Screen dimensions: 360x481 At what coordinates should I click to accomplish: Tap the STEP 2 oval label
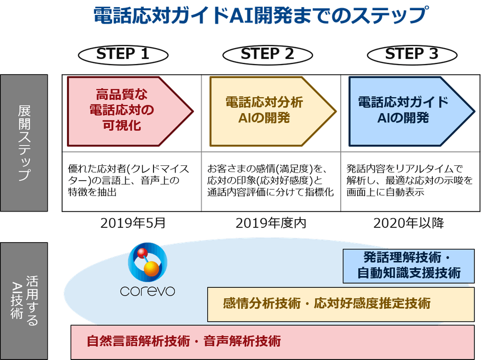tap(267, 54)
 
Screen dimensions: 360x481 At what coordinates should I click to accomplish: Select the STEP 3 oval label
tap(411, 54)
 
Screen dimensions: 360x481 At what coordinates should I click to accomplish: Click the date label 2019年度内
tap(271, 223)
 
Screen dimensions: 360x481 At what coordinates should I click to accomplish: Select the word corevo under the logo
tap(147, 291)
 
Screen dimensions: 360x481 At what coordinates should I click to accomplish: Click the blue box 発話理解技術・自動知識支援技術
tap(408, 265)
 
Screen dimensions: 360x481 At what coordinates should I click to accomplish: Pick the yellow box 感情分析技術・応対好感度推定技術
tap(327, 303)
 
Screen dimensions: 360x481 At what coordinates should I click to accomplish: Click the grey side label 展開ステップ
tap(24, 143)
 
